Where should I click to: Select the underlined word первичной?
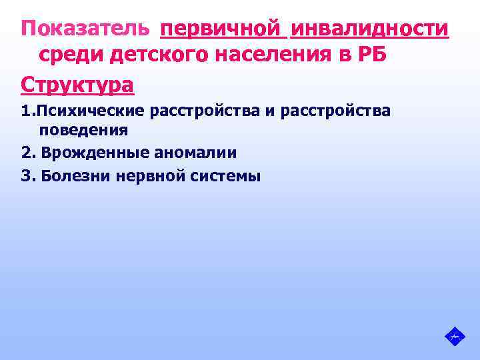point(222,29)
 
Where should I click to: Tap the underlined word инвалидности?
point(369,29)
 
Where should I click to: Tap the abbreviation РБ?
point(372,57)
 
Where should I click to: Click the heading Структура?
point(77,85)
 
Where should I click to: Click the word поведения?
point(83,130)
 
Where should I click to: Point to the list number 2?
point(27,153)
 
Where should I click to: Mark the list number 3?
point(27,177)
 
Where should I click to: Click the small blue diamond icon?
point(454,335)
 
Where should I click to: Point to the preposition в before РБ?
point(345,57)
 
